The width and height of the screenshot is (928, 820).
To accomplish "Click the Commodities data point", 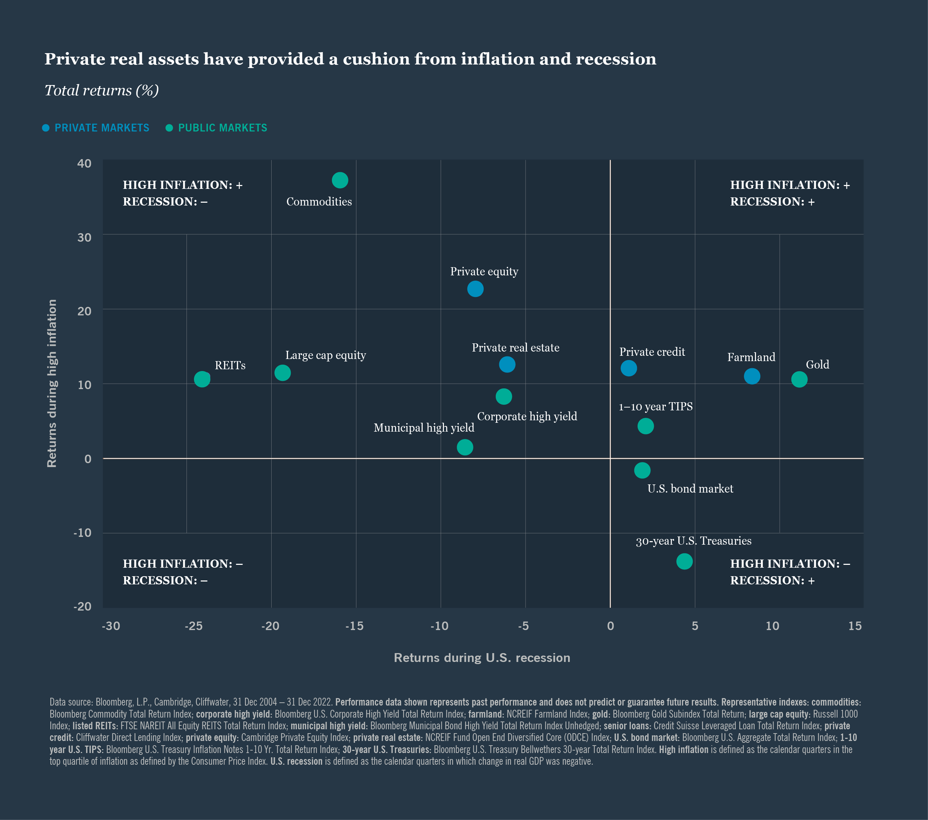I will tap(340, 180).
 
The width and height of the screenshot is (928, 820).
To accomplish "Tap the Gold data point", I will tap(799, 380).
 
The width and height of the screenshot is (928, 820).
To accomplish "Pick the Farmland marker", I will tap(752, 376).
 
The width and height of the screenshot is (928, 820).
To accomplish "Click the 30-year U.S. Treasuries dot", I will tap(684, 561).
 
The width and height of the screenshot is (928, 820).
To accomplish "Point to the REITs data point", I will tap(202, 379).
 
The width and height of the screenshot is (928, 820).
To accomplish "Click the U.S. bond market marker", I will tap(642, 470).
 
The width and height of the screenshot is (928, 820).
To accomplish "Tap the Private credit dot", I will tap(628, 368).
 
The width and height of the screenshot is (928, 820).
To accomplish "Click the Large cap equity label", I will tap(325, 355).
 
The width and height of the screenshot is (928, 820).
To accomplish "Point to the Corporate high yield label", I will tap(527, 417).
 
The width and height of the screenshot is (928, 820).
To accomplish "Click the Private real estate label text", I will tap(515, 348).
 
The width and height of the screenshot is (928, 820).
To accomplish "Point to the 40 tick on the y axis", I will tap(84, 163).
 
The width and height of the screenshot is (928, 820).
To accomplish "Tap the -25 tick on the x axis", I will tap(193, 626).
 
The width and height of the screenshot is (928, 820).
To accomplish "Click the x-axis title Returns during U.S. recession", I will tap(482, 658).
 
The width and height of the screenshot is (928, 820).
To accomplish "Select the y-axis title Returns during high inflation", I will tap(52, 383).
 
